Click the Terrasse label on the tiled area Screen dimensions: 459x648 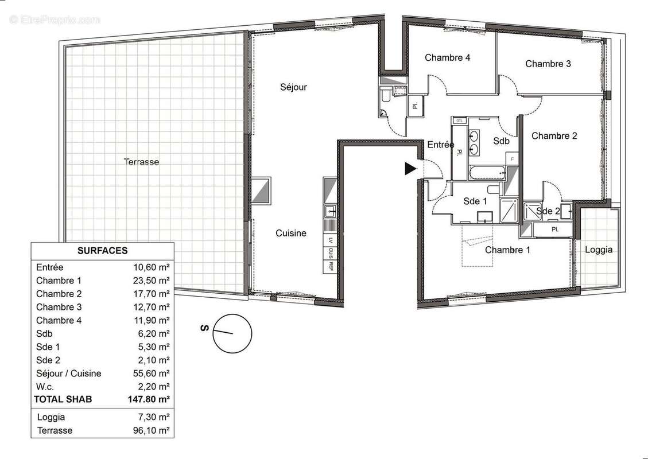pos(141,162)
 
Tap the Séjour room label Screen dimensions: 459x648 pos(293,87)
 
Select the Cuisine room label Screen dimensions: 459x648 pos(290,233)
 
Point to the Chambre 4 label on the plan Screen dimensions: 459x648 pos(448,57)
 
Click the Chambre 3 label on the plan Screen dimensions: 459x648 pos(548,64)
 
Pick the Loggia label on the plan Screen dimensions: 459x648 pos(598,250)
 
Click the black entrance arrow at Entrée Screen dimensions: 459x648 pos(410,169)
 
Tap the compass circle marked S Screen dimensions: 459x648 pos(232,333)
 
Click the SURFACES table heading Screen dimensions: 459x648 pos(102,251)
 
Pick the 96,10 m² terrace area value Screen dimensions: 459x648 pos(150,430)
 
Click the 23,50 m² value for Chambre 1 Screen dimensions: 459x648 pos(150,281)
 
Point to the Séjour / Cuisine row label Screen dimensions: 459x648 pos(68,374)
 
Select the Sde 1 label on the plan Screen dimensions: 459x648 pos(475,201)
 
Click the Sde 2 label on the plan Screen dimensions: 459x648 pos(548,211)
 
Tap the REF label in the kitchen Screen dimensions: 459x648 pos(331,266)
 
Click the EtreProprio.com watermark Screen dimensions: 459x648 pos(55,20)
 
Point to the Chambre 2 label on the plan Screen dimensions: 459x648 pos(554,136)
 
